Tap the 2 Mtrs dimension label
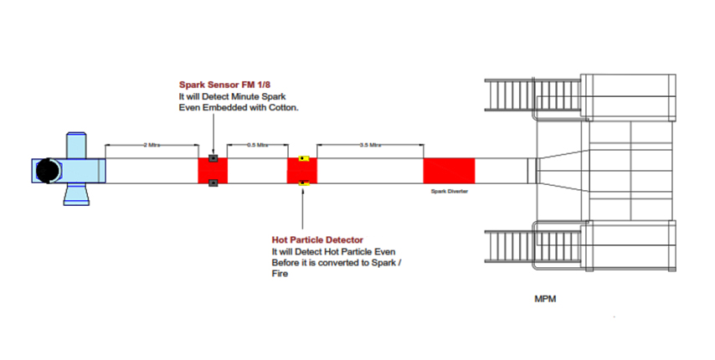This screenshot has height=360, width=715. [152, 145]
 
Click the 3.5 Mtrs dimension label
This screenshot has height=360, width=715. [369, 145]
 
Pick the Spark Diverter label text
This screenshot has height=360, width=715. [449, 191]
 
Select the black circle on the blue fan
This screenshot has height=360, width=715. [47, 171]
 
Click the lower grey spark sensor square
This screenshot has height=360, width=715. [214, 183]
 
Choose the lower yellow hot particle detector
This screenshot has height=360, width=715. [303, 183]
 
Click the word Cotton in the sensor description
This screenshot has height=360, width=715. [283, 108]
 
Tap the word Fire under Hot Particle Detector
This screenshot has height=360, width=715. [280, 274]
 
